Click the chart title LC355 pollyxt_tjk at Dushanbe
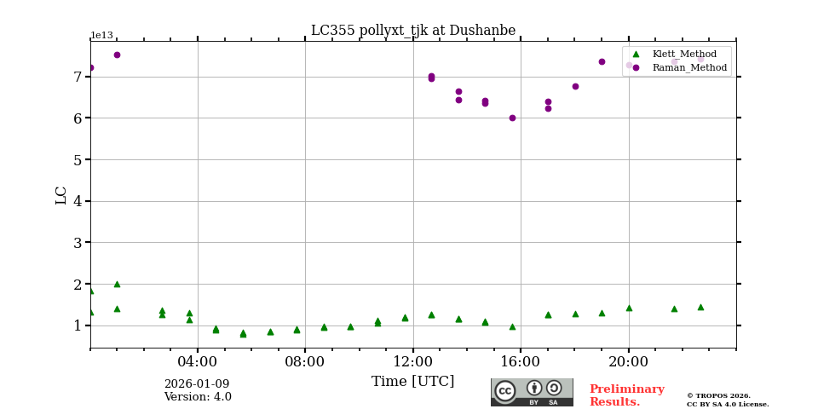click(x=412, y=31)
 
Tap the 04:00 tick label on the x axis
click(x=198, y=361)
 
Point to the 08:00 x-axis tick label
click(x=305, y=361)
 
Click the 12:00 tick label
click(x=413, y=361)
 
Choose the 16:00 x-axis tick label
click(x=521, y=361)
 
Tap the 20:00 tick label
click(x=629, y=361)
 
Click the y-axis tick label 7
click(x=78, y=77)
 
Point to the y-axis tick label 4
click(x=78, y=201)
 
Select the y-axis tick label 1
click(x=78, y=325)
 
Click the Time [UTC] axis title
click(x=412, y=382)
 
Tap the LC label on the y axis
click(x=61, y=195)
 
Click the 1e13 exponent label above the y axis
click(x=101, y=36)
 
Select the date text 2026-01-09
click(x=197, y=384)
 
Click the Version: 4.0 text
click(x=197, y=397)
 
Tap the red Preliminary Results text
click(x=626, y=395)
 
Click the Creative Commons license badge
click(x=532, y=392)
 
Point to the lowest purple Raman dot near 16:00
click(x=512, y=118)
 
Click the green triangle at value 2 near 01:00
click(x=117, y=284)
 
